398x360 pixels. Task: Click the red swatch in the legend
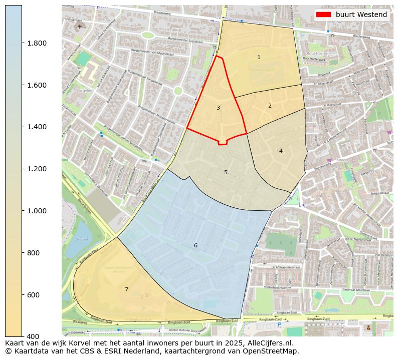(x=323, y=15)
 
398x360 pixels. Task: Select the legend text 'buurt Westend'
(x=361, y=15)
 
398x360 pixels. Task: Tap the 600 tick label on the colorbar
(x=33, y=295)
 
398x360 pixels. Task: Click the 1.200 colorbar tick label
(x=37, y=169)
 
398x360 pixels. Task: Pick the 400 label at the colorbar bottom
(x=33, y=336)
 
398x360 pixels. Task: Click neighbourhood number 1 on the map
(x=259, y=58)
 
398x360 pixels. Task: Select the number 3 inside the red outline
(x=218, y=108)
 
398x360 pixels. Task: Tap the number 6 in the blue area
(x=195, y=245)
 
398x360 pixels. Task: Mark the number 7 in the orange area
(x=126, y=289)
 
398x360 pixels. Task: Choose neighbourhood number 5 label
(x=226, y=173)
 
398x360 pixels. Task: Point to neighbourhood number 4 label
(x=281, y=151)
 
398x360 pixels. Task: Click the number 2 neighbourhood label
(x=270, y=106)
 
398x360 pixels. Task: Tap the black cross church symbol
(x=79, y=27)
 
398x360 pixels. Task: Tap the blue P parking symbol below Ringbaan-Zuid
(x=280, y=325)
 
